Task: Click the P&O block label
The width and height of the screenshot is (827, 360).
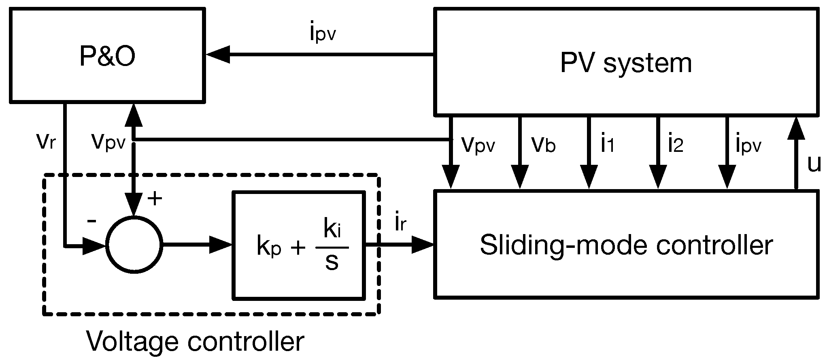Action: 107,57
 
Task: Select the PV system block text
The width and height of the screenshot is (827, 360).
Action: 626,64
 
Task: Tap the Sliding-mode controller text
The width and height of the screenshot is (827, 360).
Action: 626,245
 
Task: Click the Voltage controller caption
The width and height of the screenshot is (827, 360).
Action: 195,341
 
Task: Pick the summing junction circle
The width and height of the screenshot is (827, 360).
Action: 134,245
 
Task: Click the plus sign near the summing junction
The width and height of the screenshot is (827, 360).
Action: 155,199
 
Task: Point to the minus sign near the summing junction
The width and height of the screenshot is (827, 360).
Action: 92,221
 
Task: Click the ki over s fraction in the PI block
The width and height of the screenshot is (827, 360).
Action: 332,247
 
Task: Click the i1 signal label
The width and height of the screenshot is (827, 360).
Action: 607,144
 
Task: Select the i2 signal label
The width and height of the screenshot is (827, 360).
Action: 676,144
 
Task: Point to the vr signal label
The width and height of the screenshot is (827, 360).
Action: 46,141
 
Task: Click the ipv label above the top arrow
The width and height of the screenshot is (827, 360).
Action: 323,33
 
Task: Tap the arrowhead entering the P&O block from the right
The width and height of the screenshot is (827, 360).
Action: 219,54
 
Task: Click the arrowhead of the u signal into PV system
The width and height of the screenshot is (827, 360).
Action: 796,128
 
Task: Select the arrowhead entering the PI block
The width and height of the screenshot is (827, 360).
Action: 221,245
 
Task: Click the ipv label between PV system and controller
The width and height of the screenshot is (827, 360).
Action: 748,145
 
